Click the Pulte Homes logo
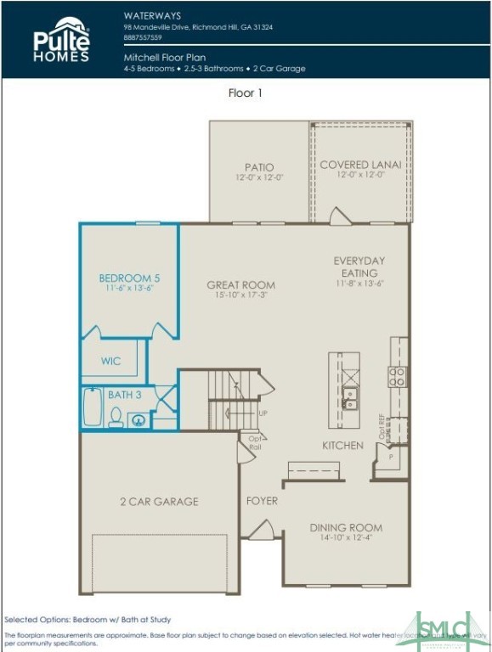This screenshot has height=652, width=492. click(61, 40)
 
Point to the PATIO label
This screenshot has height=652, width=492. click(259, 167)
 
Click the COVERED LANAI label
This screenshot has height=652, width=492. click(360, 165)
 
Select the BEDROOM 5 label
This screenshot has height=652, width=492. click(129, 278)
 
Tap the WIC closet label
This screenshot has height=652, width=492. click(110, 361)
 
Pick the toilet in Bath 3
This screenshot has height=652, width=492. click(116, 417)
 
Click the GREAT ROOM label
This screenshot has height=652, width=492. click(241, 285)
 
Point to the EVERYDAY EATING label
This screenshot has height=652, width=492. click(359, 267)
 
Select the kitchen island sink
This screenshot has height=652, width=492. click(349, 397)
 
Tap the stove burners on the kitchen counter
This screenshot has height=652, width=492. click(397, 377)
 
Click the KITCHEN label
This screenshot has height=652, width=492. click(342, 446)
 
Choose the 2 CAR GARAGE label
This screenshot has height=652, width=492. click(159, 502)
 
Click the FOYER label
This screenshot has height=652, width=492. click(262, 501)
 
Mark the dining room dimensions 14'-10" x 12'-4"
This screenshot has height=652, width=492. click(346, 537)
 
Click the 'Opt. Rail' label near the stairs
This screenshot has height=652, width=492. click(254, 443)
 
